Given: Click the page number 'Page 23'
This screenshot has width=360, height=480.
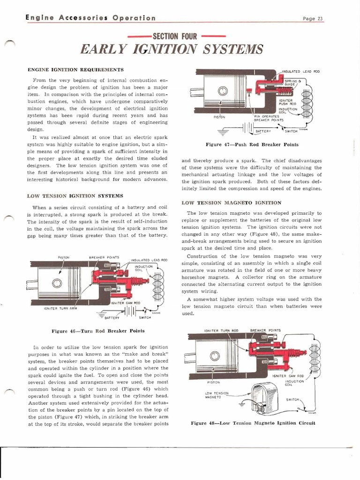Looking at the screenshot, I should [314, 19].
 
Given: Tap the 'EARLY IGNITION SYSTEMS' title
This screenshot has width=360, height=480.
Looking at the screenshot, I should [172, 49].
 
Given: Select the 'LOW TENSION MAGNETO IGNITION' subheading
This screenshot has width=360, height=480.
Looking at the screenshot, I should [231, 202].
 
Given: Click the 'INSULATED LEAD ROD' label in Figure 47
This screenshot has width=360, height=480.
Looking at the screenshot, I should [300, 71].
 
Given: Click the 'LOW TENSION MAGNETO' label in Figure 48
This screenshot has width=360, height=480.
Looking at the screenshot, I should [217, 394].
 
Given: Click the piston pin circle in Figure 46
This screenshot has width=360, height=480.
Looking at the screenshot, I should [57, 283].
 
